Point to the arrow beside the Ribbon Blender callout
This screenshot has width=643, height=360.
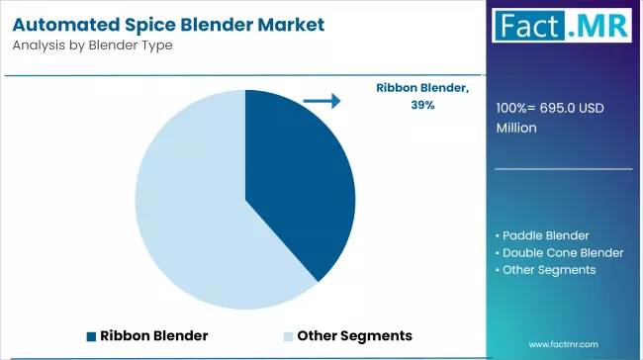pos(321,100)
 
